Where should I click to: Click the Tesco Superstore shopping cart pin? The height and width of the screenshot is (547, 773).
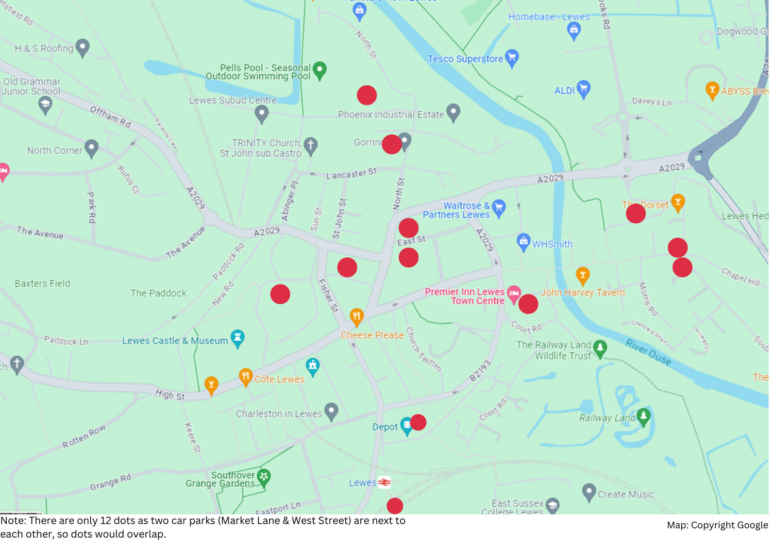point(512,57)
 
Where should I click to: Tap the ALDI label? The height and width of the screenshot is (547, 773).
point(564,91)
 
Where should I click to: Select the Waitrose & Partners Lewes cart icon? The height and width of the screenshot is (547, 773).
point(498,208)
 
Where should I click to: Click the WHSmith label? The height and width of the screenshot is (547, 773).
point(552,244)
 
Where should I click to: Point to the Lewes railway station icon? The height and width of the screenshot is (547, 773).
point(384,483)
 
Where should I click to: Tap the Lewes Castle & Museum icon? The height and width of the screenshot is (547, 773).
point(237,338)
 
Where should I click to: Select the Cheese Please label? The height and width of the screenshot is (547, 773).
point(372,335)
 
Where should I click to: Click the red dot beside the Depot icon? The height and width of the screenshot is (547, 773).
point(418,422)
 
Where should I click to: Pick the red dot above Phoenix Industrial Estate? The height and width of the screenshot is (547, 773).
point(367,95)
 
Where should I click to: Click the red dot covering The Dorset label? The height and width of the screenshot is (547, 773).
point(635,213)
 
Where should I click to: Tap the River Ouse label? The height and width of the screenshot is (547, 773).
point(648,353)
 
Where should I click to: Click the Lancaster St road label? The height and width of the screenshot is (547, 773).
point(351,174)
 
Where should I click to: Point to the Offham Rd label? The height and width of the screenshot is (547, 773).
point(110,117)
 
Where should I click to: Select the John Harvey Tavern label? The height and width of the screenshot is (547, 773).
point(582,292)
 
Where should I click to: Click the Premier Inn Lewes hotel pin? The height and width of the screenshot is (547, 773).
point(514,293)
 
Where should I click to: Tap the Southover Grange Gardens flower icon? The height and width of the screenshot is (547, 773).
point(264,477)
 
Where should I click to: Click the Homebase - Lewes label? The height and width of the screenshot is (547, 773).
point(548,17)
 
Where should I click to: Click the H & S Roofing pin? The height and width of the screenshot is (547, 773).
point(82,47)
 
